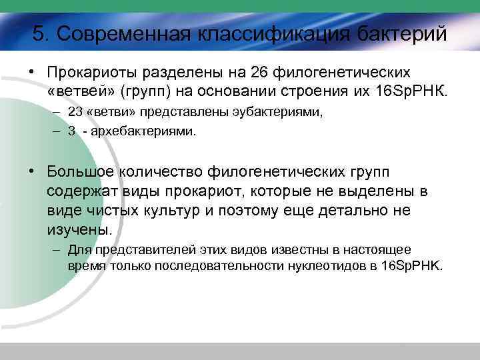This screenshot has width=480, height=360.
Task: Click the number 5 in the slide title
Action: pyautogui.click(x=38, y=34)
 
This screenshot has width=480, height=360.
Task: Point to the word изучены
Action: pyautogui.click(x=78, y=230)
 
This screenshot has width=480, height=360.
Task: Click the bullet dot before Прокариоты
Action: pyautogui.click(x=31, y=71)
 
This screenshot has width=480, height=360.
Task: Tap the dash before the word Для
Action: pyautogui.click(x=57, y=249)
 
